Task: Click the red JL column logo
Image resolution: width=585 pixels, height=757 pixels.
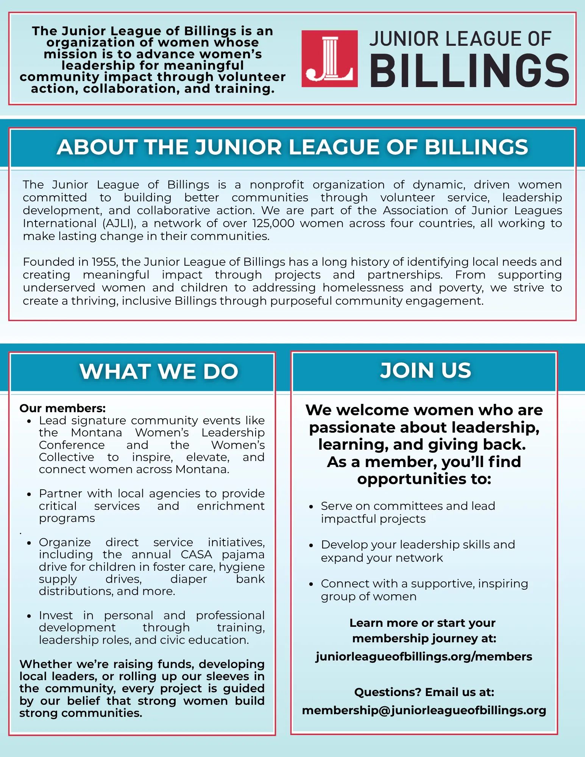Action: pos(329,59)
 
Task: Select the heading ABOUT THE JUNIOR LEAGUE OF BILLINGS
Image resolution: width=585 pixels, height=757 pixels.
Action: pos(292,147)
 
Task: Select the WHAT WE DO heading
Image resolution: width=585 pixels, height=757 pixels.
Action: pos(159,371)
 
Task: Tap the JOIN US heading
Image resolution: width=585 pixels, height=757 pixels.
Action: pos(426,371)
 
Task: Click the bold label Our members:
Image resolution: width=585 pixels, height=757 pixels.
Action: pos(62,408)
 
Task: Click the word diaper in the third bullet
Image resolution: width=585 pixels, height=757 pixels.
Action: pos(189,579)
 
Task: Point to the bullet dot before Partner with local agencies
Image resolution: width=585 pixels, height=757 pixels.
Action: pos(29,494)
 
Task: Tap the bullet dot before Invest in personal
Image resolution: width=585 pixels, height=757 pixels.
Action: pos(29,616)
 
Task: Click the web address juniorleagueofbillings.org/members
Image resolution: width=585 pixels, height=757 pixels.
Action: pos(424,656)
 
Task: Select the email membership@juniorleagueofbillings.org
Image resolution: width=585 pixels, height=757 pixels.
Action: pos(424,710)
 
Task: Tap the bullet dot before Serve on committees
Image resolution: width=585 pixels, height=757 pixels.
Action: pos(311,507)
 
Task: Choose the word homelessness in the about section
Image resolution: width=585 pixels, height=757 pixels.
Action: pos(363,288)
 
